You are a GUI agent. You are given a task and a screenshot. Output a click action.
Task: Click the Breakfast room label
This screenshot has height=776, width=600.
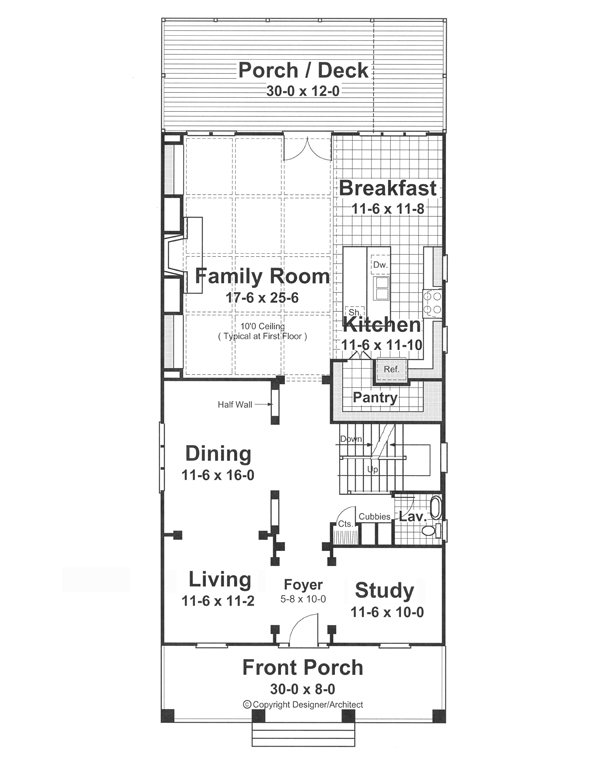click(388, 188)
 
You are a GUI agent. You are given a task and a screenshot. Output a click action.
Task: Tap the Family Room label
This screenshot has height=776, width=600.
click(262, 276)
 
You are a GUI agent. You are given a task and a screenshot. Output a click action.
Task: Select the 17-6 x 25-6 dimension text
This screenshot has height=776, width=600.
click(262, 298)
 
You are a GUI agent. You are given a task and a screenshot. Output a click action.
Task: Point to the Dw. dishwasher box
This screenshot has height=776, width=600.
click(380, 265)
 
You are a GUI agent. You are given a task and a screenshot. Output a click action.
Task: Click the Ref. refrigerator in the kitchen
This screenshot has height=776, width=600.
click(391, 370)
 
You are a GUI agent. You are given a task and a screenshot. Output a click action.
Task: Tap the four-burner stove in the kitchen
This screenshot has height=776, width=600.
click(432, 304)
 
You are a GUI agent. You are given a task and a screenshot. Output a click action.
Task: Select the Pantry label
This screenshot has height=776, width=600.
click(375, 397)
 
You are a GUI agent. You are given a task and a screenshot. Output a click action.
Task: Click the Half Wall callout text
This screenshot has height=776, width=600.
click(235, 405)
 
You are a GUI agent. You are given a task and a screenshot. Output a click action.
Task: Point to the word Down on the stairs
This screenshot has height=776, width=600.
click(351, 439)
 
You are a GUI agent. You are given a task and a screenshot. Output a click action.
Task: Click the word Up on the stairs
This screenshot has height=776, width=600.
click(372, 469)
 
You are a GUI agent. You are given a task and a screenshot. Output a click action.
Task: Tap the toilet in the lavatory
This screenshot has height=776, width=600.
click(432, 531)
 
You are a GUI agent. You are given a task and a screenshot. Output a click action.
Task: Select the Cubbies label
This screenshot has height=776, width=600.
click(374, 517)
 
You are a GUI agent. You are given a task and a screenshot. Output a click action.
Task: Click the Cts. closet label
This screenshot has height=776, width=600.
click(345, 524)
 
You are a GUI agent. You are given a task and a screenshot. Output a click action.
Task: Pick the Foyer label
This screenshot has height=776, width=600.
click(303, 585)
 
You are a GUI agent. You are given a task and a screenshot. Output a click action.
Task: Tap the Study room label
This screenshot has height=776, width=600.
click(385, 591)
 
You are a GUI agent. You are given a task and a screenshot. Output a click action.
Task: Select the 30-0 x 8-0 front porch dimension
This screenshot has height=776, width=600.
click(302, 689)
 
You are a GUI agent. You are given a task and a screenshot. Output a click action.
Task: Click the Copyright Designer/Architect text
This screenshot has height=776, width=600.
click(303, 704)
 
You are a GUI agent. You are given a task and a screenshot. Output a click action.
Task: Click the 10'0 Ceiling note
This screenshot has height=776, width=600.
click(262, 327)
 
